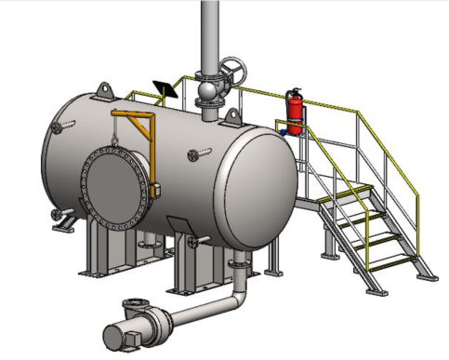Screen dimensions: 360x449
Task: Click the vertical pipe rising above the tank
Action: coord(210,33)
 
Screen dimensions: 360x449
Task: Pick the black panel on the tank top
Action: coord(165,89)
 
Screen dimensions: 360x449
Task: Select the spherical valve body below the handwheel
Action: coord(207,93)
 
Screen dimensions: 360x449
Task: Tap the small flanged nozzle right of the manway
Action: coord(196,153)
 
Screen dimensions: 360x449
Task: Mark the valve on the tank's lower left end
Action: coord(62,220)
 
